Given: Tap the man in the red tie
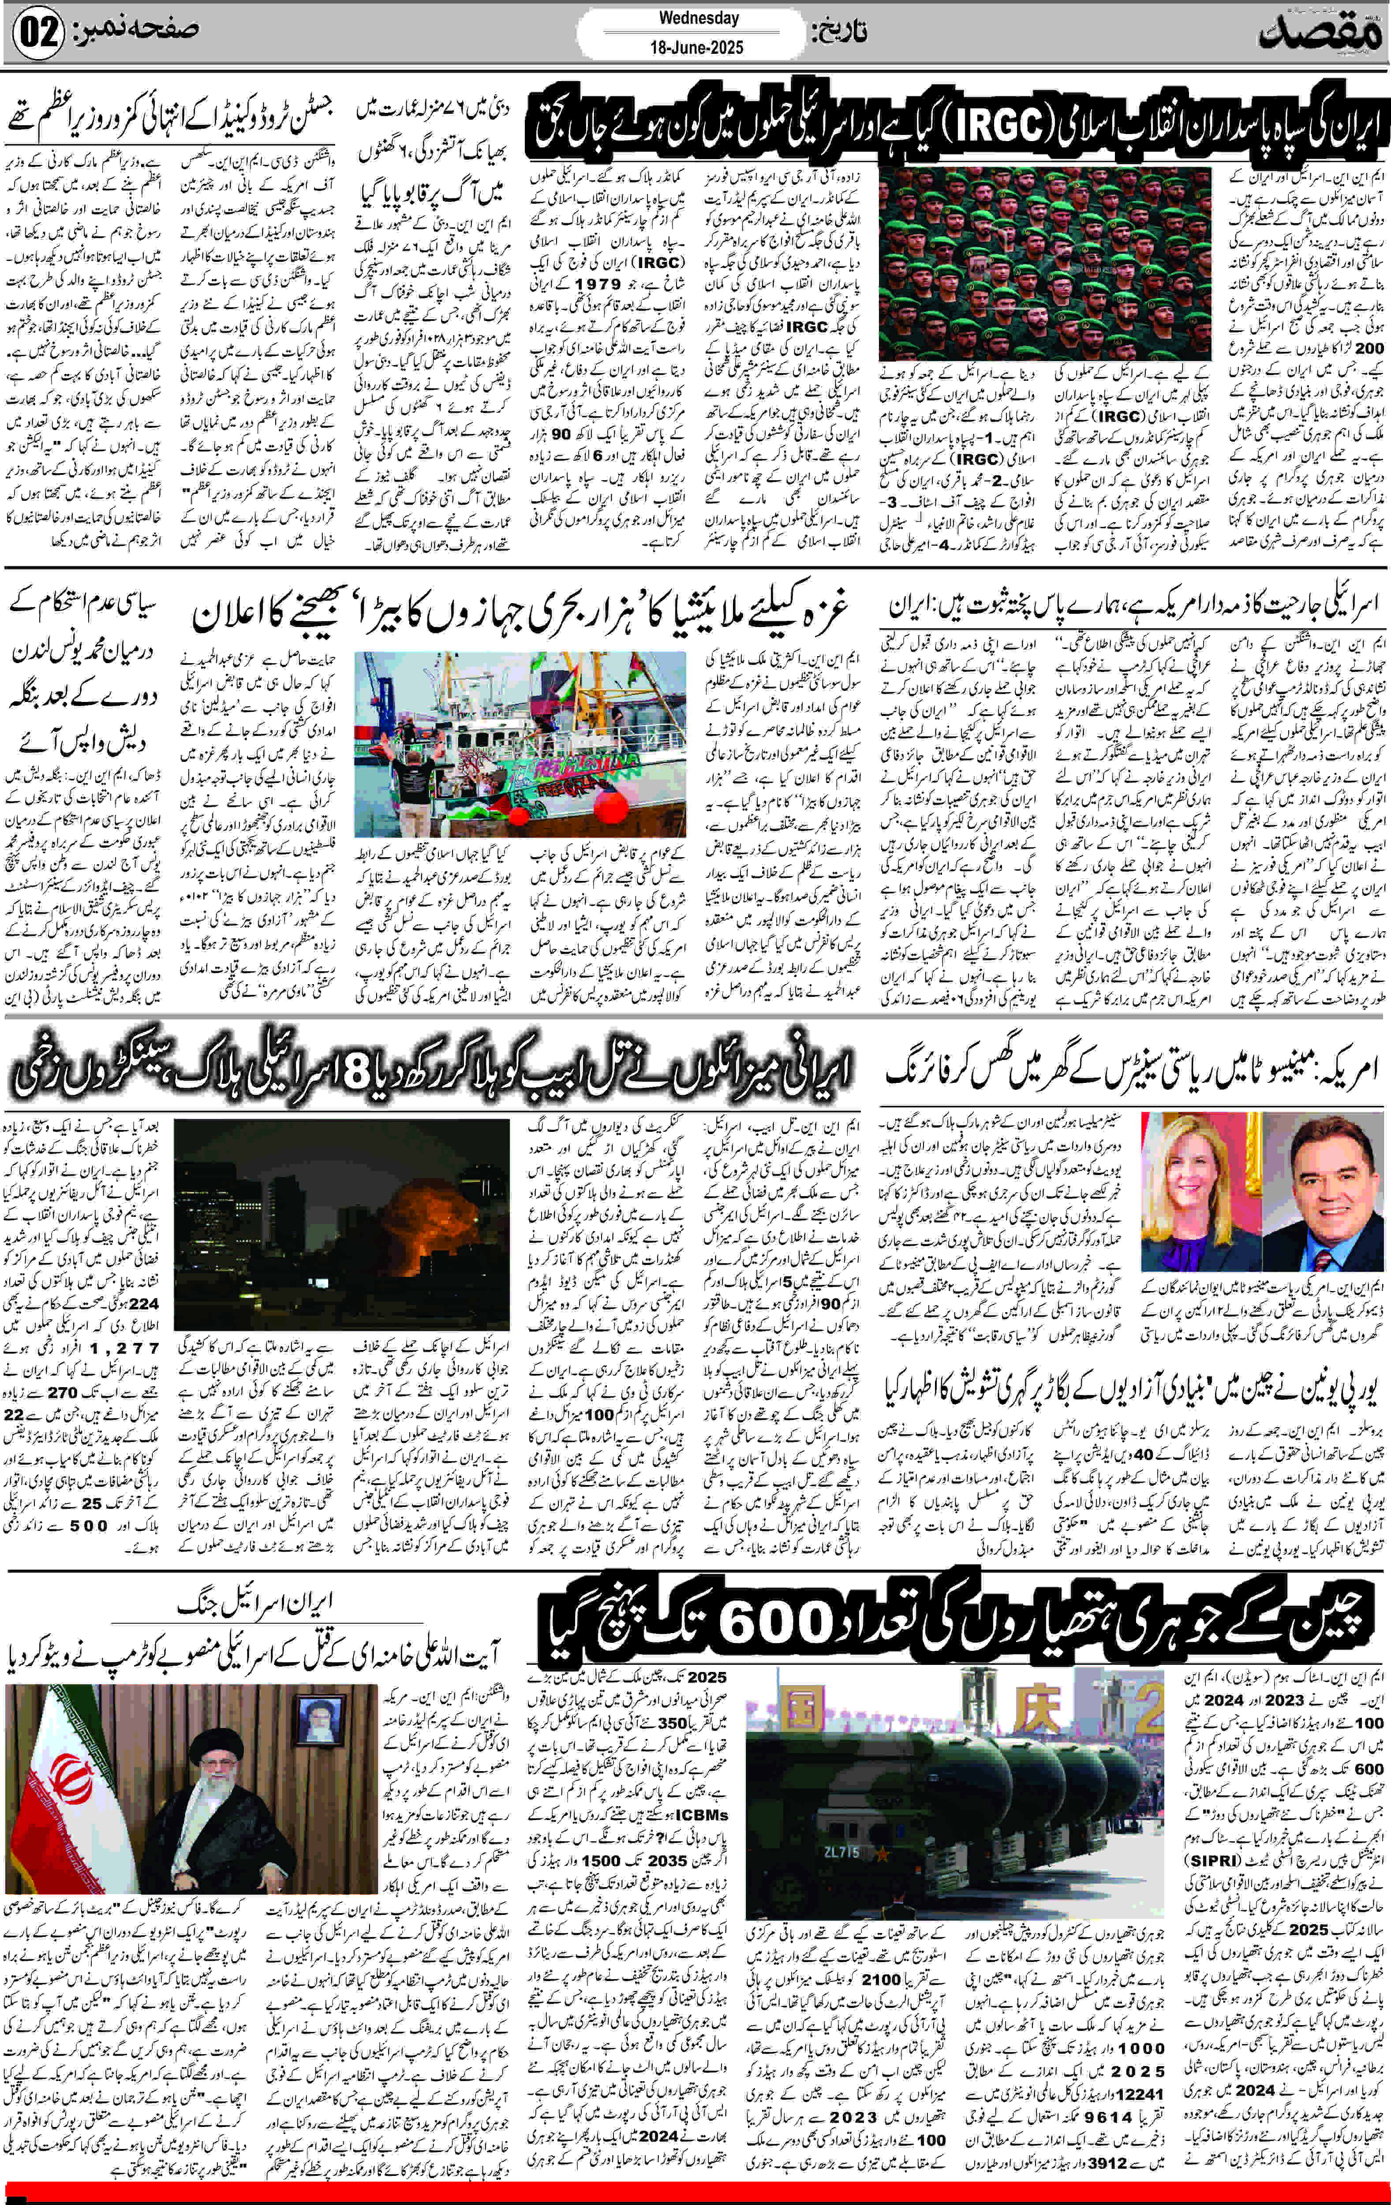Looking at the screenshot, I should tap(1321, 1181).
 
